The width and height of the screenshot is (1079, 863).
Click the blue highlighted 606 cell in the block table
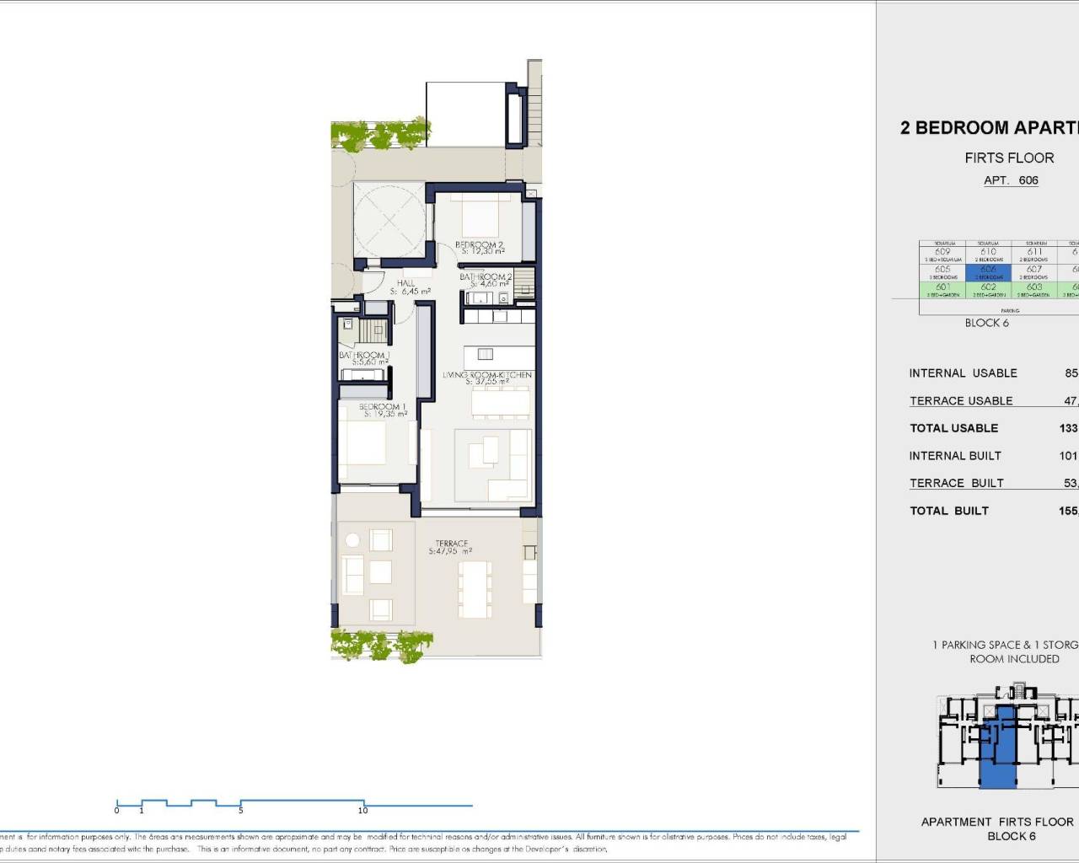coord(988,272)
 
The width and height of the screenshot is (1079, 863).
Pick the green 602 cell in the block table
coord(988,290)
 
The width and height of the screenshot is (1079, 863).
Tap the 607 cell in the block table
coord(1033,272)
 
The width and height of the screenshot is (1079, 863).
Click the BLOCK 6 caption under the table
coord(986,323)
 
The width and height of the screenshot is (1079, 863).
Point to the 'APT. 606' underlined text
coord(1011,180)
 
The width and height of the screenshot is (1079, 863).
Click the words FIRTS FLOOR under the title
coord(1009,158)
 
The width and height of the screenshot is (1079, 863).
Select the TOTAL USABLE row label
coord(953,428)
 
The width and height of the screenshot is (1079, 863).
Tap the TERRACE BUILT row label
coord(956,483)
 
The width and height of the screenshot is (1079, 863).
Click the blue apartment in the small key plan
coord(998,750)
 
